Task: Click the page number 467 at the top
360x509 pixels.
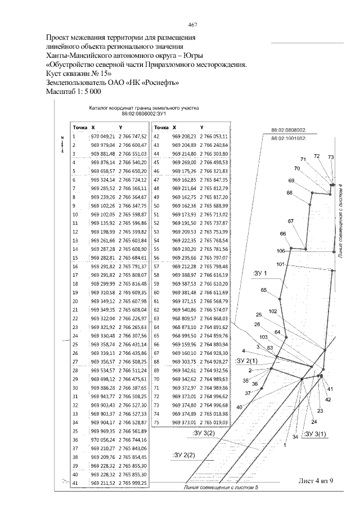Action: coord(192,24)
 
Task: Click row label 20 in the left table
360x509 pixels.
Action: coord(74,301)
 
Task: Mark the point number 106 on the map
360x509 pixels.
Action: coord(281,250)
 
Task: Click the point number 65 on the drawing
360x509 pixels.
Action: coord(263,290)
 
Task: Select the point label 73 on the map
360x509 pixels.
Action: coord(331,157)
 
